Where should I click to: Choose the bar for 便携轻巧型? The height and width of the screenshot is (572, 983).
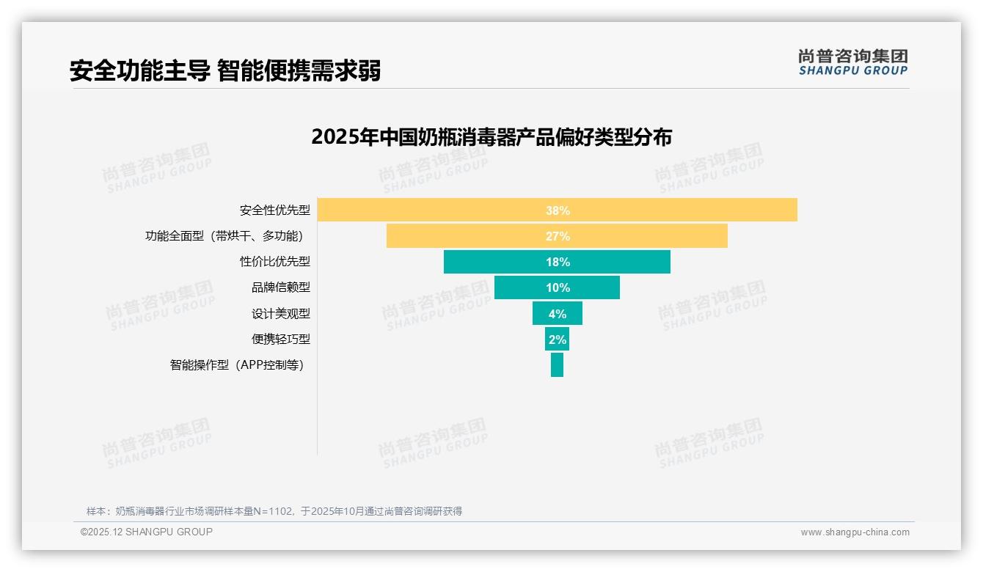pyautogui.click(x=557, y=339)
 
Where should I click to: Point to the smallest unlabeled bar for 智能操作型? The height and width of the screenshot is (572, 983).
pyautogui.click(x=557, y=364)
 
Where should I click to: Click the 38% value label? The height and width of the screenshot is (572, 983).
pyautogui.click(x=558, y=210)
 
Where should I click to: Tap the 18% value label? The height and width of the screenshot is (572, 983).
pyautogui.click(x=558, y=262)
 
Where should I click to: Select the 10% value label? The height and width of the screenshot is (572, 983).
pyautogui.click(x=558, y=287)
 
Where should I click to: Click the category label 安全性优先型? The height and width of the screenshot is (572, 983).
pyautogui.click(x=274, y=210)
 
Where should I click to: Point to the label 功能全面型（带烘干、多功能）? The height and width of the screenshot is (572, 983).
pyautogui.click(x=224, y=236)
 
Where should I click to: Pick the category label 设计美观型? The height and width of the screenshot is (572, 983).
pyautogui.click(x=281, y=313)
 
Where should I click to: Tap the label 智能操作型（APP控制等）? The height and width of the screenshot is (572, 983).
pyautogui.click(x=237, y=364)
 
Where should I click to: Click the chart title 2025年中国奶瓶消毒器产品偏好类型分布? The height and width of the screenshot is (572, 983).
pyautogui.click(x=491, y=137)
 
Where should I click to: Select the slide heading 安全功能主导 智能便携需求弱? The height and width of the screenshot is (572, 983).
pyautogui.click(x=225, y=71)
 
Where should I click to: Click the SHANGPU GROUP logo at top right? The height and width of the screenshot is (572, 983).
pyautogui.click(x=852, y=62)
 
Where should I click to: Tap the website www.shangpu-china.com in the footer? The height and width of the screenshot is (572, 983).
pyautogui.click(x=855, y=532)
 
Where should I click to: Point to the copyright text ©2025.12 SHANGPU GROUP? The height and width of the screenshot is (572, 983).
pyautogui.click(x=147, y=532)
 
